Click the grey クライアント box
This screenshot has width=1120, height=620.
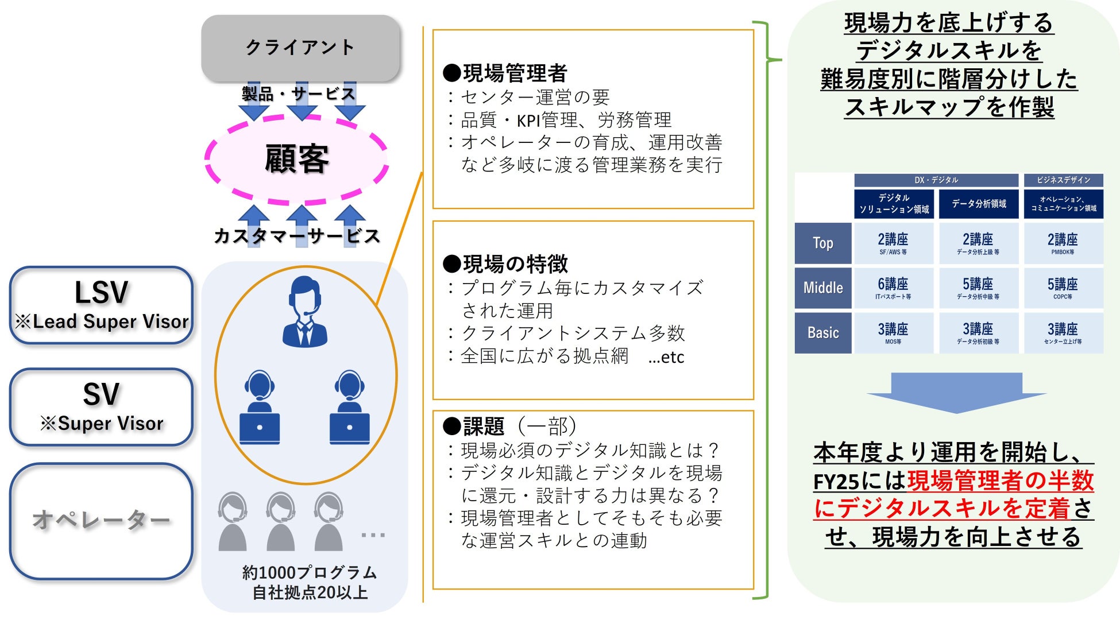(x=300, y=48)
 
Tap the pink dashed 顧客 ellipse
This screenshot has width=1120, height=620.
(x=296, y=159)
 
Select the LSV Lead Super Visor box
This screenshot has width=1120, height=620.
(x=102, y=305)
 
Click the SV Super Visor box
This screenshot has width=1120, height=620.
(x=102, y=407)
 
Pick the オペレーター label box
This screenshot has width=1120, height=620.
(x=102, y=521)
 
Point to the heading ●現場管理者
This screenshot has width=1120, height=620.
(x=505, y=73)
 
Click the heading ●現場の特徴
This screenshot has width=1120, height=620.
(x=505, y=264)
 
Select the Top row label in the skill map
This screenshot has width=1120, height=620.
(x=822, y=243)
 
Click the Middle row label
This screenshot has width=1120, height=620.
(x=822, y=288)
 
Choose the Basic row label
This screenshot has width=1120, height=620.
(x=822, y=333)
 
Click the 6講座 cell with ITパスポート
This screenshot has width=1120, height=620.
(x=893, y=288)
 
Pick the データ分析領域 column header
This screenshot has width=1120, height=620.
(x=978, y=204)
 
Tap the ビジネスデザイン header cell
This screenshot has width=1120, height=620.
(x=1063, y=180)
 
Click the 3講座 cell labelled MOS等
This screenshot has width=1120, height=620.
(x=893, y=333)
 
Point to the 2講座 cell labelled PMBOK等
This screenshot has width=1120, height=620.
(x=1063, y=243)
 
